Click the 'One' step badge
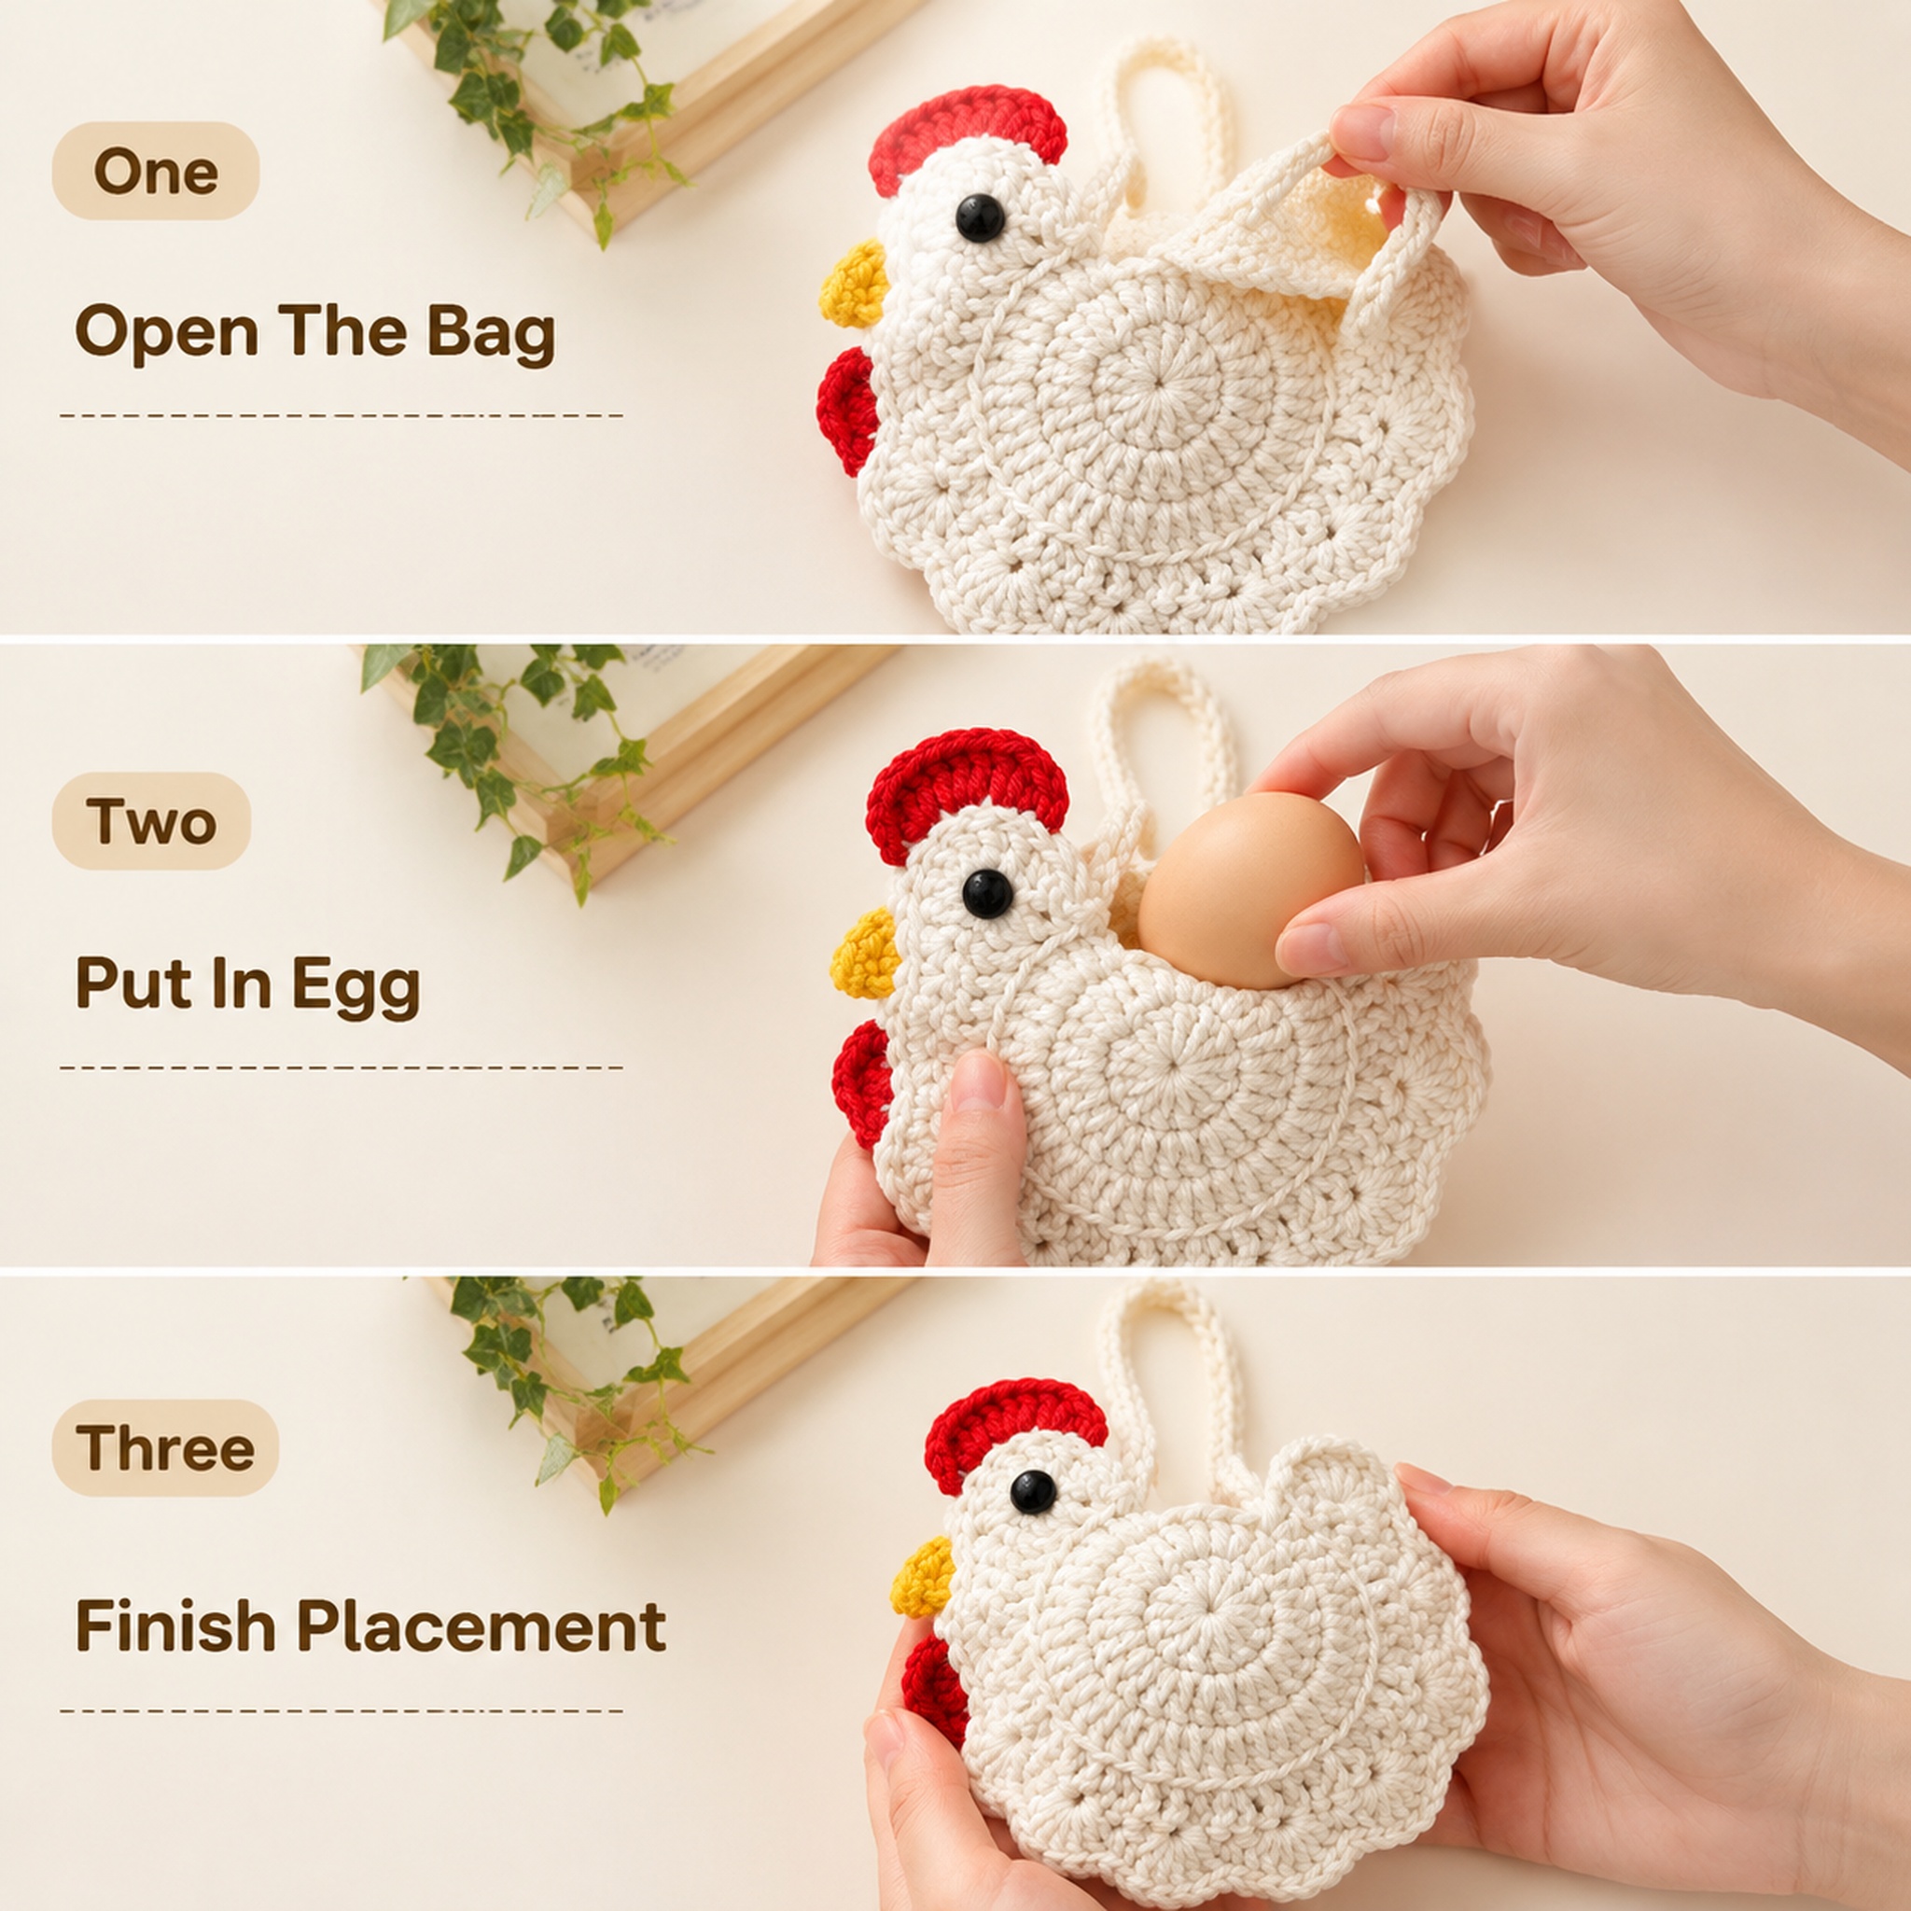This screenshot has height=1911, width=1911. tap(155, 171)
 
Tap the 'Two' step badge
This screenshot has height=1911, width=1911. tap(151, 821)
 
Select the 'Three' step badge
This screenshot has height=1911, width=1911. tap(165, 1448)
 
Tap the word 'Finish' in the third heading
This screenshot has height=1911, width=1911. tap(175, 1626)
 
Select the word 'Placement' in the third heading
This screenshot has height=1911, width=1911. tap(481, 1626)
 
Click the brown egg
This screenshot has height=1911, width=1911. tap(1249, 889)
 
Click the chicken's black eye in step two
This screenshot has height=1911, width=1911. tap(987, 893)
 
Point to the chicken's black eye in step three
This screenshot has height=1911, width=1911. tap(1034, 1493)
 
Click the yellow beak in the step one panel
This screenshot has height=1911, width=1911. tap(854, 284)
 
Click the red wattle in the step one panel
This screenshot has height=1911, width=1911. tap(846, 411)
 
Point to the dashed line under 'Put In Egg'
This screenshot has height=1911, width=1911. tap(342, 1068)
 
